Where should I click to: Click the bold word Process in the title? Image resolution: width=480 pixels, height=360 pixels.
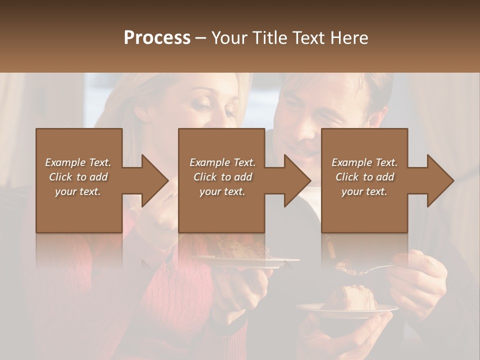tap(157, 38)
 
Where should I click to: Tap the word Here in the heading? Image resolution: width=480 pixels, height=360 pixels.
tap(349, 38)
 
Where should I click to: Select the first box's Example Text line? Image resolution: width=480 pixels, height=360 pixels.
tap(78, 162)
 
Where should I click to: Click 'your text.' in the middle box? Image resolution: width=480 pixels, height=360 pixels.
tap(222, 191)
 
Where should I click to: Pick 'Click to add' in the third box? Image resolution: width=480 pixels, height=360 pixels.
tap(364, 177)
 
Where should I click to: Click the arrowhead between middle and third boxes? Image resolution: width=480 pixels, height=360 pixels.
tap(297, 180)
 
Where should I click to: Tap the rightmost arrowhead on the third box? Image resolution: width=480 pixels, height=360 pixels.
tap(440, 180)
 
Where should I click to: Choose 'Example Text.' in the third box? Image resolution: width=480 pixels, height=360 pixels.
tap(364, 162)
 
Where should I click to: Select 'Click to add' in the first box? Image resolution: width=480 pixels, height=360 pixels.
tap(78, 177)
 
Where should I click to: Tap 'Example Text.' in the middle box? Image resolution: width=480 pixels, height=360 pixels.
tap(222, 162)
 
